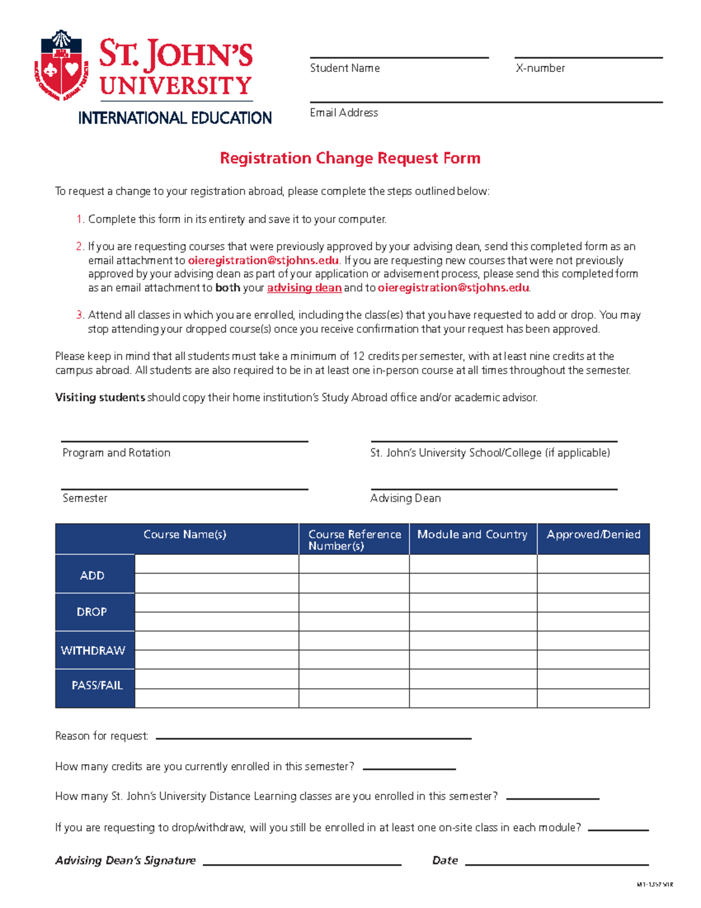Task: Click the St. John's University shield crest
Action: (x=61, y=65)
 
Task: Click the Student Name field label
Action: (x=345, y=68)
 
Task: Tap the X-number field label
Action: (x=540, y=68)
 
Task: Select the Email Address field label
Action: (x=343, y=113)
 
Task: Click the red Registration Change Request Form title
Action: (x=350, y=158)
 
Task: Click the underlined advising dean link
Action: (x=304, y=288)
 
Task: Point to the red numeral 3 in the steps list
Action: (x=79, y=315)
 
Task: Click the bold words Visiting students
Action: (x=100, y=398)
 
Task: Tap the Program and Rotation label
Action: (x=116, y=453)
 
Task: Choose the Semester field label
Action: (x=85, y=498)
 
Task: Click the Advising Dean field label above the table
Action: (x=405, y=498)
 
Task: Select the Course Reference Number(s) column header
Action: (x=354, y=540)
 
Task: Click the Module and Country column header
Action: (x=472, y=534)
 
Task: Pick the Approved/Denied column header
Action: (x=593, y=534)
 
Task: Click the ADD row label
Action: (x=92, y=575)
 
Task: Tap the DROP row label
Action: (x=92, y=612)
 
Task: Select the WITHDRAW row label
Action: (x=93, y=650)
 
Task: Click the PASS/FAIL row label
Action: (x=97, y=685)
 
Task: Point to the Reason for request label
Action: (x=102, y=736)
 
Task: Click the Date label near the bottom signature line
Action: (x=445, y=861)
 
